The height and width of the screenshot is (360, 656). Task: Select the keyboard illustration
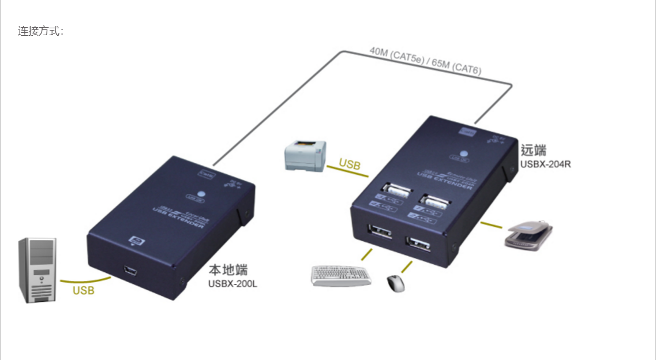point(341,275)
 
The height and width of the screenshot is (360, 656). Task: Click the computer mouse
point(395,283)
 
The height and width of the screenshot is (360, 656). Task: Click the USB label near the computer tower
point(83,290)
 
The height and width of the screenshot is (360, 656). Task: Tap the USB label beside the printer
point(350,164)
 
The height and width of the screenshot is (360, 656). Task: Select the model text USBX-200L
point(233,283)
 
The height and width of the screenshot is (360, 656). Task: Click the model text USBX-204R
point(545,164)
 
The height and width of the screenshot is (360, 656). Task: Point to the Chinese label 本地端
point(228,269)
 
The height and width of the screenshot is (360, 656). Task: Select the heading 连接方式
point(40,31)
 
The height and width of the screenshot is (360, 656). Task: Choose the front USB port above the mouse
point(419,245)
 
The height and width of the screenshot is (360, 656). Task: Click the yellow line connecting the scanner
point(492,224)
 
